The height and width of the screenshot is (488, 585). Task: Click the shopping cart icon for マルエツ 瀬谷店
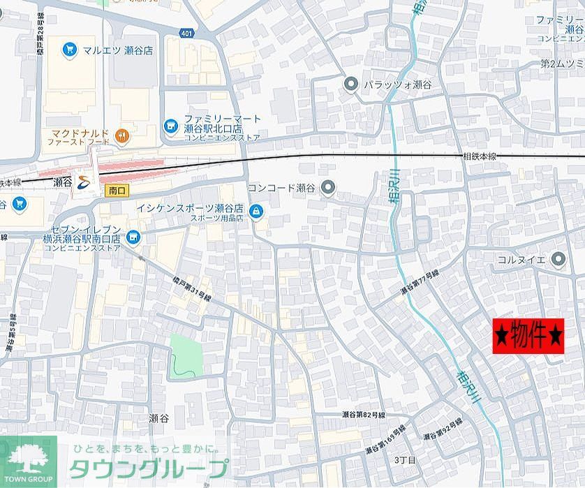[68, 49]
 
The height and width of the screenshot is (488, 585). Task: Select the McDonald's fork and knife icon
[123, 135]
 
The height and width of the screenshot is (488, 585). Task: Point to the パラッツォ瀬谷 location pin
[350, 84]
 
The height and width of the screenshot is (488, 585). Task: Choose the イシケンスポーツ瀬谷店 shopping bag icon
[256, 210]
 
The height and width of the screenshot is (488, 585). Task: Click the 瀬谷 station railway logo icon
[84, 182]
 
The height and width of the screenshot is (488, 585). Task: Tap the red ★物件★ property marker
[528, 337]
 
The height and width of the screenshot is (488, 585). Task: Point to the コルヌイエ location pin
[557, 260]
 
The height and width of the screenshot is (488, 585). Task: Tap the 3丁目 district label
[405, 460]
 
